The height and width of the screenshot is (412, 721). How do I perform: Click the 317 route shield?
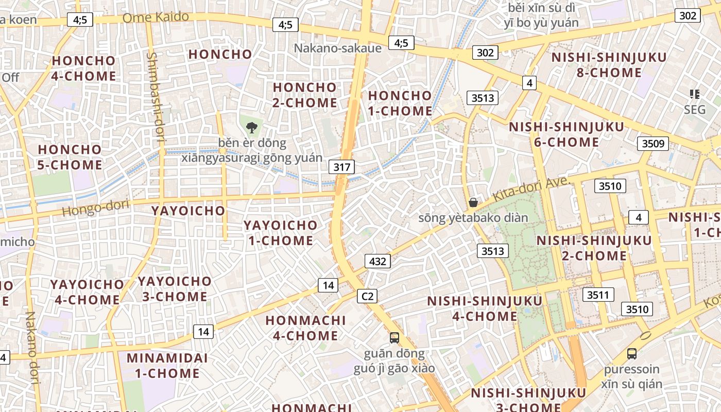(x=342, y=167)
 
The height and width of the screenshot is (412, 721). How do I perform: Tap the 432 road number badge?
(x=377, y=261)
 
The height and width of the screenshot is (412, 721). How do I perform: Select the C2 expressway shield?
(x=367, y=296)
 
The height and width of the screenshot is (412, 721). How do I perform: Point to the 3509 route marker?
(x=653, y=143)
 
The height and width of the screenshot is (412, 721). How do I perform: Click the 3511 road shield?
(x=598, y=295)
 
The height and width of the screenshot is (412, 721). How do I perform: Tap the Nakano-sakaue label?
(x=338, y=48)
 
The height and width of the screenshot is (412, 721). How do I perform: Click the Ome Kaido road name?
(x=156, y=18)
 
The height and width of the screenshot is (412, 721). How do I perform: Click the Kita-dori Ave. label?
(x=530, y=189)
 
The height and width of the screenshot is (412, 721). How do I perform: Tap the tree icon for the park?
(x=252, y=127)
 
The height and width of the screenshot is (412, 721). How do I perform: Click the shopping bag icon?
(x=473, y=202)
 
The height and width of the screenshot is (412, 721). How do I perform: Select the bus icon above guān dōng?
(x=394, y=338)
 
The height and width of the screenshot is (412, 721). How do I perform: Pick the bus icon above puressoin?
(x=632, y=354)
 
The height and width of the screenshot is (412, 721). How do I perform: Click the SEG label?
(x=694, y=110)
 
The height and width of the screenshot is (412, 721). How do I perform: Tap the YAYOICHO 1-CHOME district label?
(x=280, y=233)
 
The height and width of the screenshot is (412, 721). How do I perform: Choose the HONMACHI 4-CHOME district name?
(x=301, y=328)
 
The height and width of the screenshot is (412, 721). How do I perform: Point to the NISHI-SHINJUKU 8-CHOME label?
(x=609, y=65)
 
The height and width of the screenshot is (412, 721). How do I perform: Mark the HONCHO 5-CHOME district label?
(x=70, y=157)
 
